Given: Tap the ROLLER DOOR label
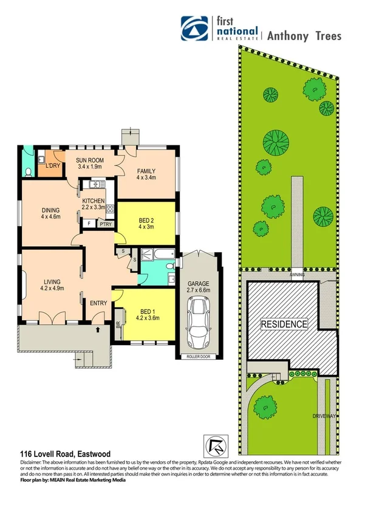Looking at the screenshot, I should [x=199, y=357].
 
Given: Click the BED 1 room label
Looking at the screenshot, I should [x=146, y=312].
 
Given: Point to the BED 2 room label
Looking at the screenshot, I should [x=146, y=222].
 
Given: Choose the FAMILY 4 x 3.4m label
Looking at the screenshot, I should [x=146, y=174].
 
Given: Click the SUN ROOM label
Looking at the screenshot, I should [x=90, y=164].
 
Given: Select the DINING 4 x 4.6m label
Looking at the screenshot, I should [x=51, y=212].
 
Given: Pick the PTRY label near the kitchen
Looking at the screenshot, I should [x=106, y=224].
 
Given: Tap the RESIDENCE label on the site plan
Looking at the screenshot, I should [x=284, y=324].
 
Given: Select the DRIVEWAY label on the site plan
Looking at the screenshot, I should [x=323, y=416].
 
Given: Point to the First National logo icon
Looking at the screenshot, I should [x=195, y=27].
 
